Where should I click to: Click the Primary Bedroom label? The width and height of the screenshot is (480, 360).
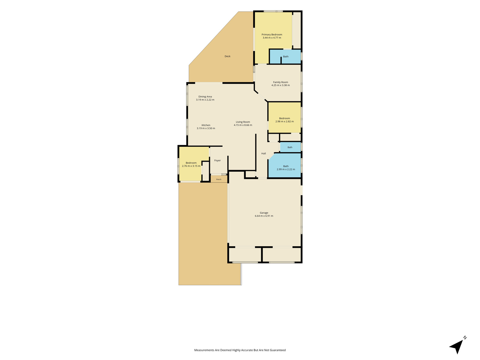coord(272,34)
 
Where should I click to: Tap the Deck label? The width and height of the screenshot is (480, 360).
coord(227,56)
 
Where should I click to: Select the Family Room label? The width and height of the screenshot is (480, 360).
coord(280,82)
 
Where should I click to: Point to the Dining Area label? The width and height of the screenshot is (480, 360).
coord(205,97)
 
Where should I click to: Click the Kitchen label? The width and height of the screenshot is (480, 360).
coord(206,125)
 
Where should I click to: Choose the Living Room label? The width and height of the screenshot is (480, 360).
coord(243,122)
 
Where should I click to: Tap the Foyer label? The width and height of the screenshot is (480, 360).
coord(217,160)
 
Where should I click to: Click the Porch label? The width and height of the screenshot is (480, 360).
coord(219,179)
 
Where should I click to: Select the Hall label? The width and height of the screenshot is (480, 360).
coord(263,153)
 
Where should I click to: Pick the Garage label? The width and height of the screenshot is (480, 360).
coord(264,213)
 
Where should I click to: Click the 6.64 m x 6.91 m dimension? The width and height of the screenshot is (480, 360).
coord(264,216)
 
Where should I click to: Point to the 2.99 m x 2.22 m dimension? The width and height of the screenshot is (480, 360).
coord(286,169)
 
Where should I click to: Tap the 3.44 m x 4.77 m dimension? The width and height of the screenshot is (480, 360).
coord(272,37)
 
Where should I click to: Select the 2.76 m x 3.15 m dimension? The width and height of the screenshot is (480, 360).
coord(191,166)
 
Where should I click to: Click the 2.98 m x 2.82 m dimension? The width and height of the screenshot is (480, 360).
coord(284,121)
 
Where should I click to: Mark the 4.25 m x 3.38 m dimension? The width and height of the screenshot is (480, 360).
coord(280,85)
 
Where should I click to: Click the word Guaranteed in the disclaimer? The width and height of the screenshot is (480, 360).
coord(278,350)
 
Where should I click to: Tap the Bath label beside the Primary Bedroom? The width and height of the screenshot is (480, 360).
coord(286,56)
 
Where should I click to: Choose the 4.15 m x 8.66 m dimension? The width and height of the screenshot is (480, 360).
coord(243,125)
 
